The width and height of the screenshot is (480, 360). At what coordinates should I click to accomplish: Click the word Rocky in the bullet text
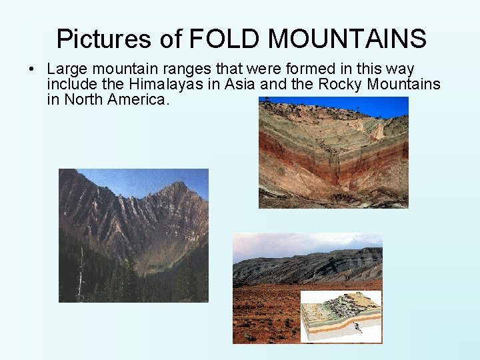(341, 85)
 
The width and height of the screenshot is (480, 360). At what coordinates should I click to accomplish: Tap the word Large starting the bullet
(66, 69)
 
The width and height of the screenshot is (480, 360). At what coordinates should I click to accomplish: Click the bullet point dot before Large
(32, 69)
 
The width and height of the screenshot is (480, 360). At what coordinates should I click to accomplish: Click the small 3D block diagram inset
(340, 315)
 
